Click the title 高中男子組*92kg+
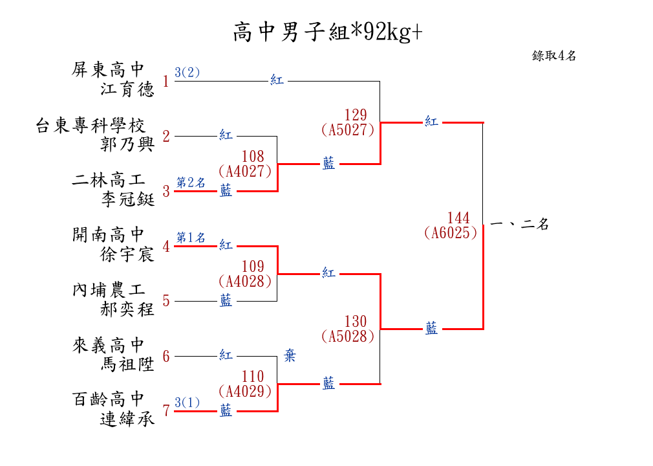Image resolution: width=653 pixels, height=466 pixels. pos(327,32)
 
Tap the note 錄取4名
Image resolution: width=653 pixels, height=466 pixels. pos(554,56)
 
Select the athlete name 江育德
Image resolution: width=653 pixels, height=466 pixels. pos(127,89)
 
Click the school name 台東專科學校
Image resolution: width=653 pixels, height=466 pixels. pos(90,125)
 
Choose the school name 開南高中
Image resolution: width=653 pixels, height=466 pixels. pos(109,234)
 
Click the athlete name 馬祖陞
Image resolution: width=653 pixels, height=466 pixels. pos(127,364)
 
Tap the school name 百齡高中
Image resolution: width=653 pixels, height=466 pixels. pos(109,399)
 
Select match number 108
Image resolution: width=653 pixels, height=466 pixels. pos(253,157)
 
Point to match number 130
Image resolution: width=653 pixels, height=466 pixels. pos(355,322)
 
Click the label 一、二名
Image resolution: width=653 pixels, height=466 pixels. pos(520,225)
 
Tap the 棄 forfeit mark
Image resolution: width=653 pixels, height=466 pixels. pos(290,356)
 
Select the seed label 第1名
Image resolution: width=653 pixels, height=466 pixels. pos(191,238)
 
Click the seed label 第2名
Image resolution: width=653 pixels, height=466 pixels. pos(191,183)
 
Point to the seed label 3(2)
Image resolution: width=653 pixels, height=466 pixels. pos(187,72)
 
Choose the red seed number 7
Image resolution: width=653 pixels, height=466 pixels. pos(166,410)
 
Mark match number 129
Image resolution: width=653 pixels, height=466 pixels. pos(355,115)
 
